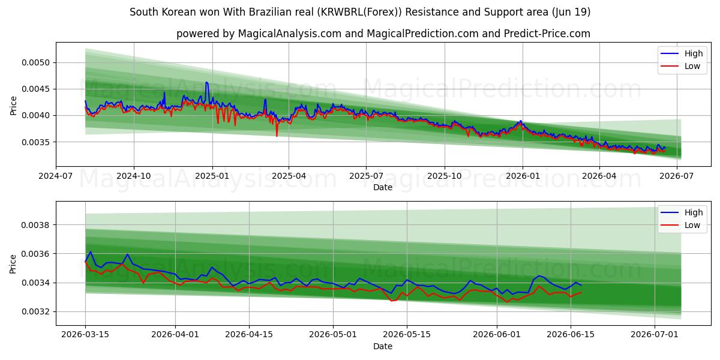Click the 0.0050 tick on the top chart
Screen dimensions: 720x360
pos(35,62)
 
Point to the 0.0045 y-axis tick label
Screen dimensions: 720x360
pos(35,89)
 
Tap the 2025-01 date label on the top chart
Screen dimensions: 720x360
pos(212,176)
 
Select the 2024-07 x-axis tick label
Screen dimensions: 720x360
pos(56,176)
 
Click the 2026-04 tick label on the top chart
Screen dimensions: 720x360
pos(599,176)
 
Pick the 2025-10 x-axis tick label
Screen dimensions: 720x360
pos(445,176)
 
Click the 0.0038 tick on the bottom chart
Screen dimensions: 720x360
pos(35,225)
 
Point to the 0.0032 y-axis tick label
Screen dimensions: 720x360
pos(35,312)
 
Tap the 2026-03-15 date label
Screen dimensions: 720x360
pos(85,335)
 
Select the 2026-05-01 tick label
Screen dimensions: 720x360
pos(333,335)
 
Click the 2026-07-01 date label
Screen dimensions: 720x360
pos(655,335)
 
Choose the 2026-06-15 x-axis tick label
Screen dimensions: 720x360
pos(571,335)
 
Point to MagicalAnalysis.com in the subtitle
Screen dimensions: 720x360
pos(290,34)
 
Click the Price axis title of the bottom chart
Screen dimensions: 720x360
pos(13,264)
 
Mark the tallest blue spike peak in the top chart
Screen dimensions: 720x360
pos(206,82)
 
